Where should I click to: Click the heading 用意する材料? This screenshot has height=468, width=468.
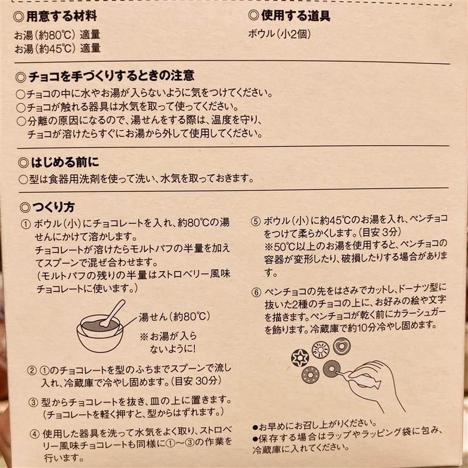tap(61, 16)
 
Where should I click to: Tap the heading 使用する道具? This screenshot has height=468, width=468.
tap(295, 16)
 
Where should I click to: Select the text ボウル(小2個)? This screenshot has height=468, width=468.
tap(280, 34)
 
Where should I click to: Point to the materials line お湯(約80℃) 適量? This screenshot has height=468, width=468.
tap(57, 35)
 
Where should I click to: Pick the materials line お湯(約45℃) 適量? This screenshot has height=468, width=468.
tap(57, 49)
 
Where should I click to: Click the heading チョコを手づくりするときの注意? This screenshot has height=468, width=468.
tap(111, 76)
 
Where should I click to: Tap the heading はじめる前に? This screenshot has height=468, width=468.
tap(65, 163)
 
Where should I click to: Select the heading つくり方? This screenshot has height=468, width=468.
tap(53, 207)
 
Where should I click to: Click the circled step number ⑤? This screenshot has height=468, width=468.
tap(256, 222)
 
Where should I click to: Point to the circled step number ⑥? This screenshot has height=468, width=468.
tap(256, 292)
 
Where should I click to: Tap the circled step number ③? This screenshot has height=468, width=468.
tap(33, 402)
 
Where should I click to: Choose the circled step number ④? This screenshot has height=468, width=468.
tap(35, 434)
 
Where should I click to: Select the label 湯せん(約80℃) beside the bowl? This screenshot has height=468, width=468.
tap(174, 316)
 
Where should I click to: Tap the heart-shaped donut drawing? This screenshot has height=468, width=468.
tap(342, 346)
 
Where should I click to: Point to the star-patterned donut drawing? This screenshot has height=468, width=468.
tap(300, 358)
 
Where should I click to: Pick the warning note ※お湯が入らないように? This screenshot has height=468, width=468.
tap(168, 342)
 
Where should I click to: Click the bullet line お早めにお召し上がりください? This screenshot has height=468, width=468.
tap(315, 425)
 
